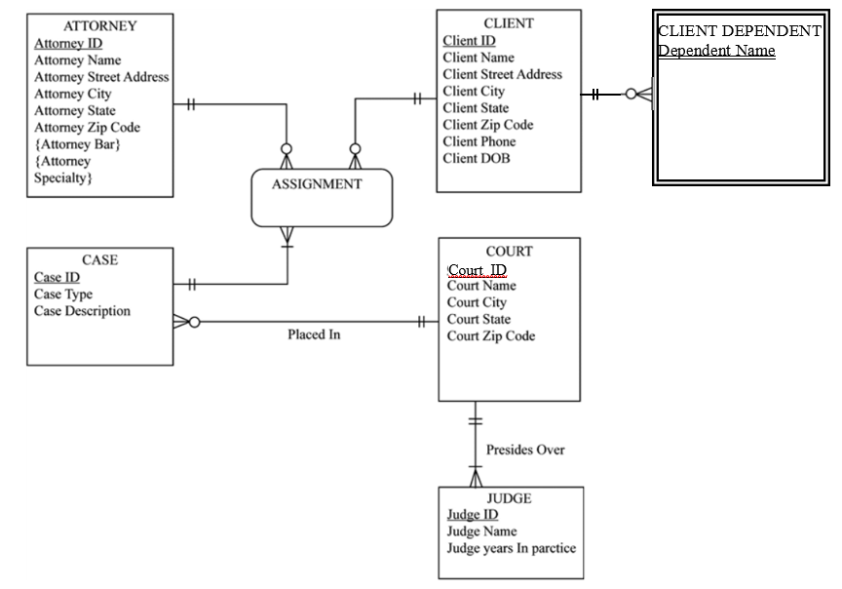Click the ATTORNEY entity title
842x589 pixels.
(99, 26)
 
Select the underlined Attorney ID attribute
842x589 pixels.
(68, 44)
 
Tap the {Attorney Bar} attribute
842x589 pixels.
(77, 144)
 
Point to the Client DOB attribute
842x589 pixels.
(476, 158)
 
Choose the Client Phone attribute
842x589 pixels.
(478, 141)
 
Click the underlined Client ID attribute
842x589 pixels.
(469, 41)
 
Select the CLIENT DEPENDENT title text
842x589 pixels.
(740, 31)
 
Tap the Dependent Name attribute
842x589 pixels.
(716, 51)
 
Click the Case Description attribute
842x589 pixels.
(82, 311)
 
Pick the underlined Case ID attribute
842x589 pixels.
(57, 277)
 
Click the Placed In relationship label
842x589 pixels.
(314, 334)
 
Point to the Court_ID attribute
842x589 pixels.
(478, 270)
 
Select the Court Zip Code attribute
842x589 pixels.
(490, 335)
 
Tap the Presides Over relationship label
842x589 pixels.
(525, 450)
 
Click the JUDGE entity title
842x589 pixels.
(509, 498)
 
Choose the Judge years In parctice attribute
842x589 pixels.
(511, 548)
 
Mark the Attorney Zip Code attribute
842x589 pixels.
(87, 128)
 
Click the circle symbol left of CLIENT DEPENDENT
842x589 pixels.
(631, 95)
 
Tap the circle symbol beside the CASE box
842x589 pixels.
(194, 322)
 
